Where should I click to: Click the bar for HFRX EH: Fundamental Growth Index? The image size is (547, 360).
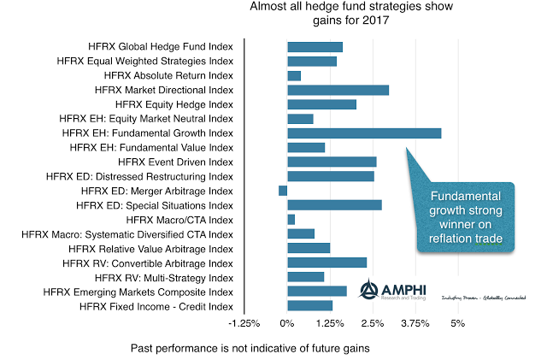tap(364, 133)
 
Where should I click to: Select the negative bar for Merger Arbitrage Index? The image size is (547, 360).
tap(283, 191)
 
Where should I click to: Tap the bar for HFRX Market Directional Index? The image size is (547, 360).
tap(338, 90)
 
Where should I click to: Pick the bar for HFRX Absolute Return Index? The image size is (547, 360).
tap(294, 75)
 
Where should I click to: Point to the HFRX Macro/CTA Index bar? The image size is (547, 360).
tap(291, 220)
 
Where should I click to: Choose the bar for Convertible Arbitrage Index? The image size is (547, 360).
tap(326, 263)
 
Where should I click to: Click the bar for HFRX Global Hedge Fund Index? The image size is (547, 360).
tap(315, 46)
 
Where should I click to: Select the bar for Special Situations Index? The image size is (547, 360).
tap(334, 205)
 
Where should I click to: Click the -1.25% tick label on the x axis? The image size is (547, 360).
tap(244, 324)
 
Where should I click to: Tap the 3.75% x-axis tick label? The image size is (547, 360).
tap(415, 324)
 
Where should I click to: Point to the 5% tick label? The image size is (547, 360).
tap(457, 324)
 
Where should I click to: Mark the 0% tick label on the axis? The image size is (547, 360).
tap(287, 324)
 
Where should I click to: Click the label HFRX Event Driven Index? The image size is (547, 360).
tap(175, 162)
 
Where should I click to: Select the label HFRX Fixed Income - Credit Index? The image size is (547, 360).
tap(160, 306)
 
